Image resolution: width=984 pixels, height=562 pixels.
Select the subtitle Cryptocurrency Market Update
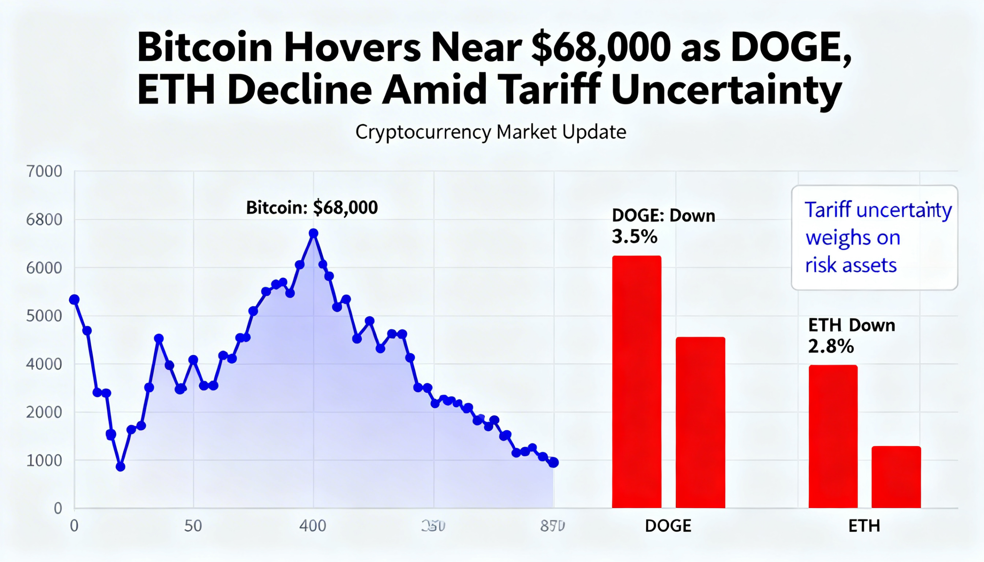click(x=490, y=133)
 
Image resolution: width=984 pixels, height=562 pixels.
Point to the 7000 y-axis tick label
click(x=44, y=171)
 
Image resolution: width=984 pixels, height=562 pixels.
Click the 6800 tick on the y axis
click(x=44, y=220)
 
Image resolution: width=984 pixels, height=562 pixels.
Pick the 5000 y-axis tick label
click(x=44, y=316)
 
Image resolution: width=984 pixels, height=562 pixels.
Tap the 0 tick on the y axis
click(x=58, y=508)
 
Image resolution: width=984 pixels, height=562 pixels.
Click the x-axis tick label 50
click(x=193, y=526)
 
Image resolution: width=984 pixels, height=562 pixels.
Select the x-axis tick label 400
click(x=312, y=526)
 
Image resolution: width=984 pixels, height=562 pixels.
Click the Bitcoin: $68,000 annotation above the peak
click(x=312, y=208)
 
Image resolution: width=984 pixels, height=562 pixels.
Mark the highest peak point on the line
click(x=314, y=233)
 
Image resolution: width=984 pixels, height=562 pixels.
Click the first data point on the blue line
click(x=74, y=300)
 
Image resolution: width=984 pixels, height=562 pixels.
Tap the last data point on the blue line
click(x=553, y=462)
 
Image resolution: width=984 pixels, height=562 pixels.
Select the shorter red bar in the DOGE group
click(x=700, y=422)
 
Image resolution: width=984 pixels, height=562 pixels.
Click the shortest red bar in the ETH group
click(x=896, y=477)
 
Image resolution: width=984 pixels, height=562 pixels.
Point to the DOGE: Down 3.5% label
click(x=663, y=226)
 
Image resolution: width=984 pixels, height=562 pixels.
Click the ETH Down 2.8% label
click(x=851, y=336)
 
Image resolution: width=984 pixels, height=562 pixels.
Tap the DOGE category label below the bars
click(x=668, y=526)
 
